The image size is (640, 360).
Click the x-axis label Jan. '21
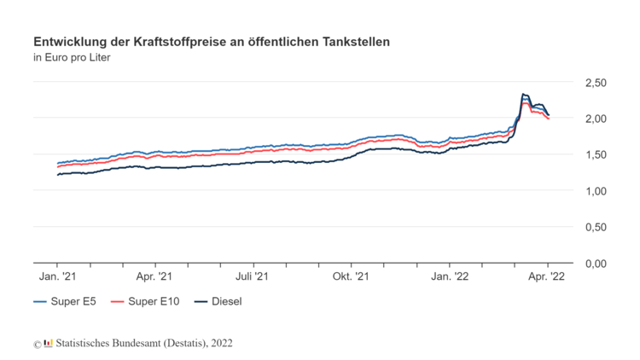tap(57, 276)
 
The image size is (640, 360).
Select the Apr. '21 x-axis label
tap(154, 276)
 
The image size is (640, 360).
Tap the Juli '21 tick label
tap(253, 276)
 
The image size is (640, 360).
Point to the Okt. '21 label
tap(351, 276)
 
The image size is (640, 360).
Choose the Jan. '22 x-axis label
tap(450, 276)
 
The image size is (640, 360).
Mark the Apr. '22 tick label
tap(547, 276)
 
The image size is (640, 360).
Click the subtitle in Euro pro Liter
tap(72, 58)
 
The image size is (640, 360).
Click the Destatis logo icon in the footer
tap(48, 343)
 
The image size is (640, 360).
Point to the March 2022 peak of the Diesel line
tap(523, 94)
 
